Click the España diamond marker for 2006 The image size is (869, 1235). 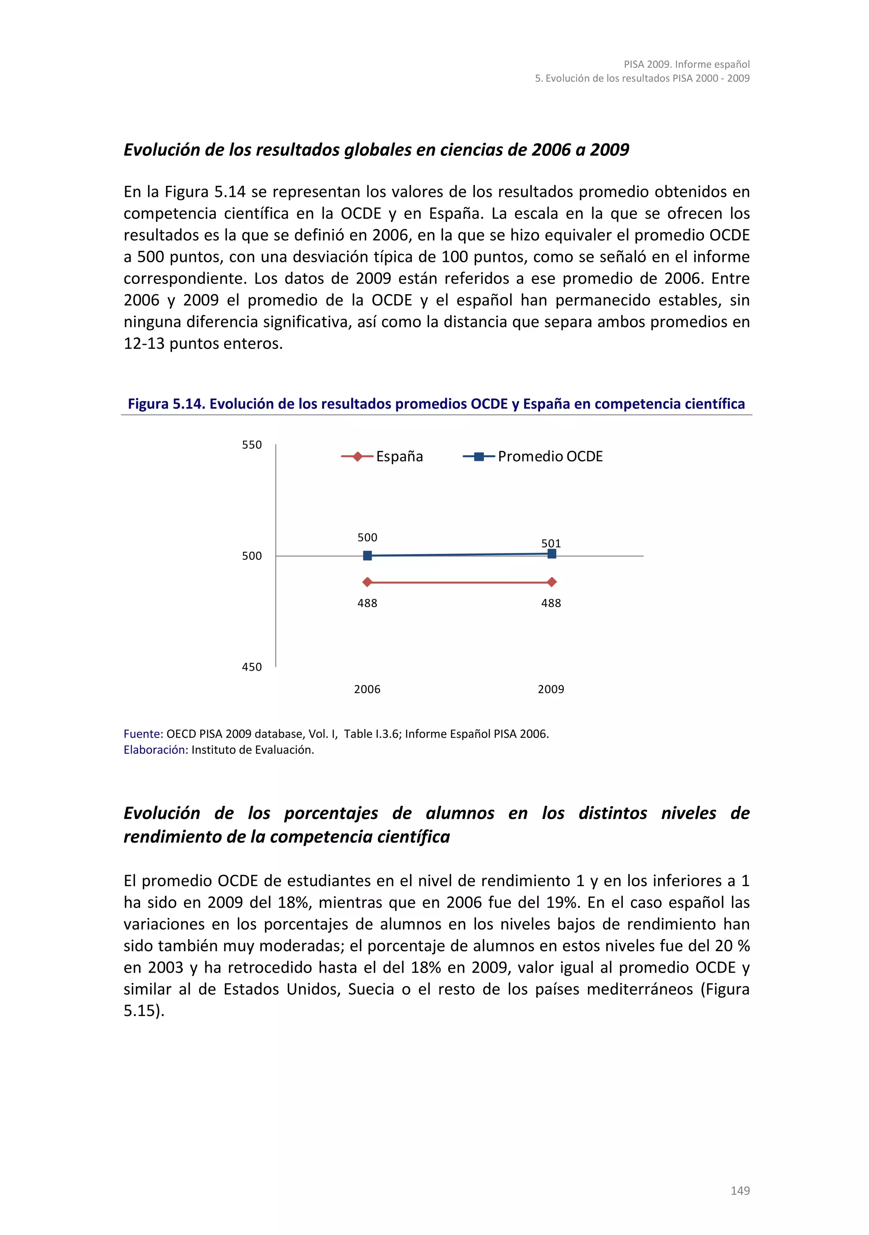tap(367, 582)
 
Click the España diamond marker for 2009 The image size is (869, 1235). tap(552, 582)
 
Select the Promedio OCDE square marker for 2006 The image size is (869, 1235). tap(367, 556)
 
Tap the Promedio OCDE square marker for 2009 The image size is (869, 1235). tap(552, 553)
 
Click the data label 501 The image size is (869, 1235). tap(551, 543)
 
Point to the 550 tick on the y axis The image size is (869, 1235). tap(252, 445)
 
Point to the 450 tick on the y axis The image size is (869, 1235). tap(252, 667)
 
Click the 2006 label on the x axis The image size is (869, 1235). tap(367, 689)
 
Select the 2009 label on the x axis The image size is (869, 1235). tap(551, 689)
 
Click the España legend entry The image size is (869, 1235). tap(382, 457)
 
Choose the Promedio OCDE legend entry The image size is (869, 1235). tap(533, 457)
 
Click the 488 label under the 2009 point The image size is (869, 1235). tap(551, 603)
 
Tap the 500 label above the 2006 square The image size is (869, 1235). tap(367, 537)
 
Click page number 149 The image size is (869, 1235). tap(740, 1190)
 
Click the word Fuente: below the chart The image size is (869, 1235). tap(143, 734)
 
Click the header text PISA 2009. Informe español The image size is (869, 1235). tap(687, 64)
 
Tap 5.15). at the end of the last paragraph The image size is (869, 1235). tap(143, 1010)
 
